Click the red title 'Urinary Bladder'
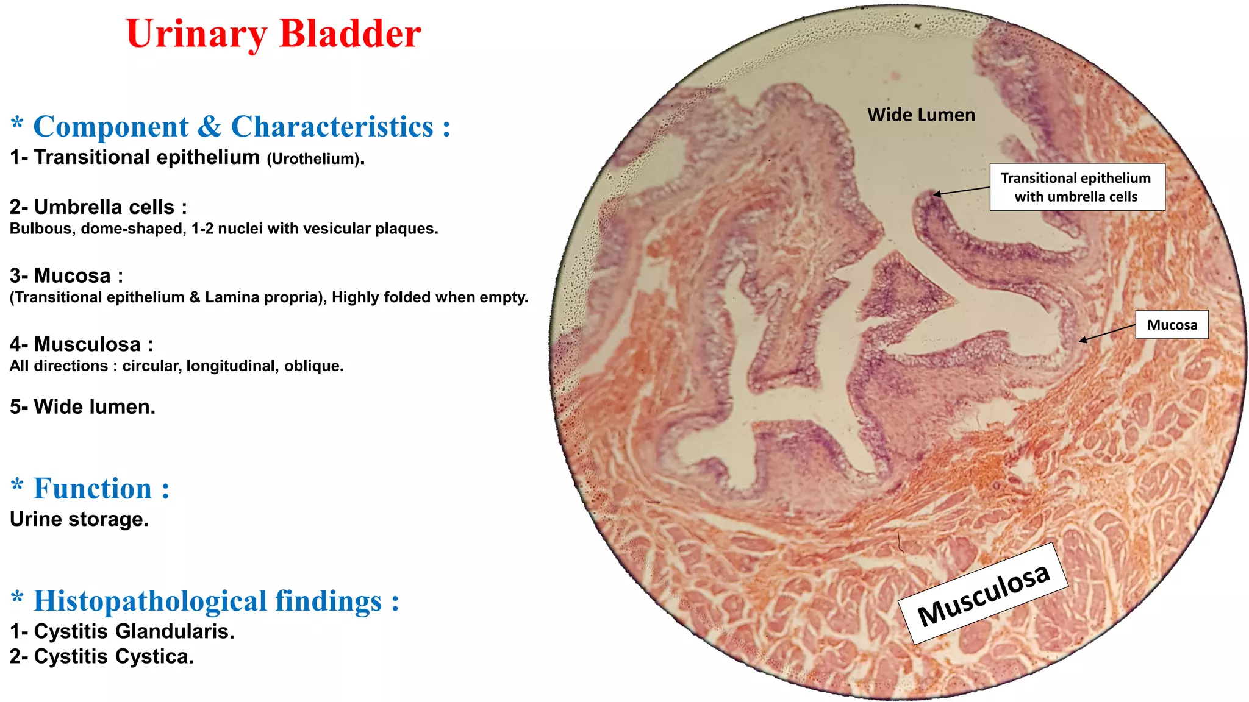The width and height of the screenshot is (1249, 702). (273, 34)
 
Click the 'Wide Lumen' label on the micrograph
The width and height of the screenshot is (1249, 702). (921, 115)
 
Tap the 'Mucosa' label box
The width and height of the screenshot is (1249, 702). (1172, 325)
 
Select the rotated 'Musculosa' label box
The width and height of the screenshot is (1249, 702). (983, 594)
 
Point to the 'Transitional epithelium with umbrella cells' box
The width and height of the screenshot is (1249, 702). (1076, 187)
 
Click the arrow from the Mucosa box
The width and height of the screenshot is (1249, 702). (1107, 333)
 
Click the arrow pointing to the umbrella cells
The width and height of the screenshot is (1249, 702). (961, 191)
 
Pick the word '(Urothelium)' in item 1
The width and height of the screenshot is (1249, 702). (313, 159)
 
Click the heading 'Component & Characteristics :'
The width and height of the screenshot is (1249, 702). (241, 127)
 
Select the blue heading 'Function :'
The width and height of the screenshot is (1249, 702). (101, 489)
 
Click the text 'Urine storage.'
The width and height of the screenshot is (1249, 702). (79, 519)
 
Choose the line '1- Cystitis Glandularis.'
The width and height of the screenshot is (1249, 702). (122, 631)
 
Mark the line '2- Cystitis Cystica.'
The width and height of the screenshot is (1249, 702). (102, 657)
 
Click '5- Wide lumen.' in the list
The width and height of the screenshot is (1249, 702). (82, 406)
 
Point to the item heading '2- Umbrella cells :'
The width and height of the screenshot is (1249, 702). (98, 207)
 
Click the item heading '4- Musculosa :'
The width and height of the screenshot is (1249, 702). (81, 344)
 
